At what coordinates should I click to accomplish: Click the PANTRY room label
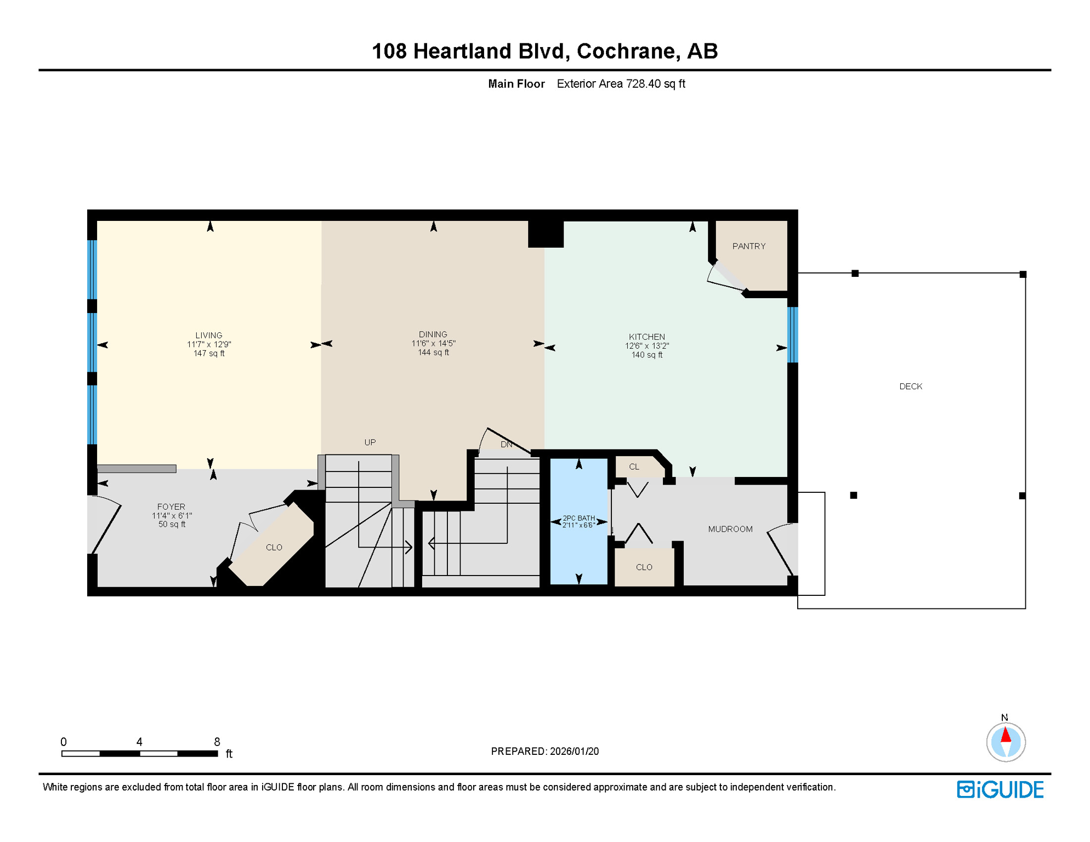click(x=748, y=246)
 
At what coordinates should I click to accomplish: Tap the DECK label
click(x=910, y=386)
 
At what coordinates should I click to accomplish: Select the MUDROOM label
click(x=730, y=529)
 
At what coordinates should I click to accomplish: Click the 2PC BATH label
click(x=578, y=518)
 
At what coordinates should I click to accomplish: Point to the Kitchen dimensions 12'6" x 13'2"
click(x=646, y=346)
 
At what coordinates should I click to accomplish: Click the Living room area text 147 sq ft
click(x=209, y=354)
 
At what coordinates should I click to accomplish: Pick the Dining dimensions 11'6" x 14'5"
click(x=433, y=344)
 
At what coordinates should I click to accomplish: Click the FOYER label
click(x=171, y=507)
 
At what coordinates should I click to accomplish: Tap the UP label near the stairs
click(x=370, y=442)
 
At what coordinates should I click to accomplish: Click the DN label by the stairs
click(x=506, y=445)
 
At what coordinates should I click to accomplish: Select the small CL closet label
click(x=634, y=467)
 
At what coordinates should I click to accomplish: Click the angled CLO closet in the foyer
click(x=274, y=548)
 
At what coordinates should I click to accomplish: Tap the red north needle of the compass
click(x=1006, y=734)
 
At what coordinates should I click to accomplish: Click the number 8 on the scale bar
click(x=217, y=742)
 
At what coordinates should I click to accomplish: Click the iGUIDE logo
click(x=1000, y=789)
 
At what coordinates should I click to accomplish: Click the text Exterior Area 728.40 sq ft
click(x=621, y=84)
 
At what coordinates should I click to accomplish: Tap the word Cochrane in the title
click(x=626, y=51)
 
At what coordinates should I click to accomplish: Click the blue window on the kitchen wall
click(x=792, y=334)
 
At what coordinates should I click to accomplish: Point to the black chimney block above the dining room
click(x=546, y=234)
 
